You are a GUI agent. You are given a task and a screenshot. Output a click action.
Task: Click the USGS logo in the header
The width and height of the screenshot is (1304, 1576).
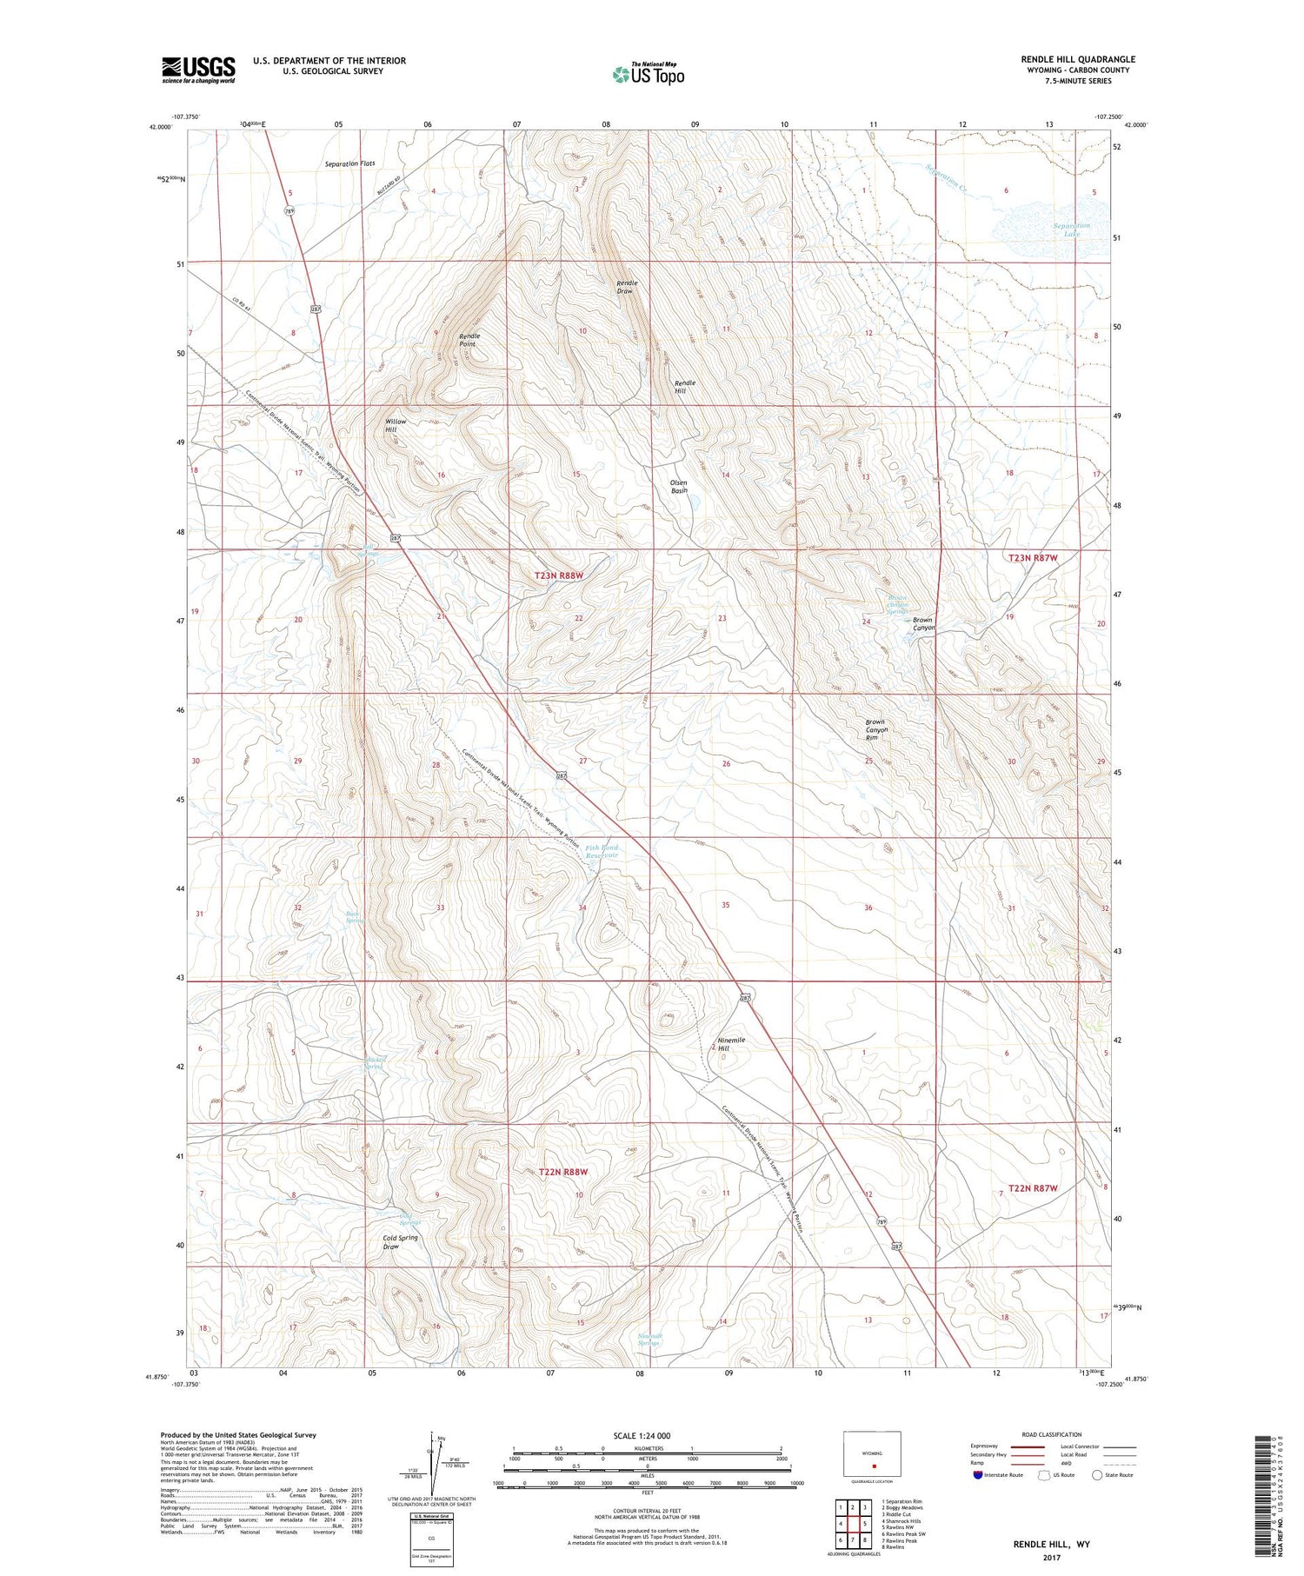pyautogui.click(x=198, y=70)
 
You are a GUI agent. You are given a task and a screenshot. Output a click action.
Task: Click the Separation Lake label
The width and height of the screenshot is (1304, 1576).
pyautogui.click(x=1071, y=229)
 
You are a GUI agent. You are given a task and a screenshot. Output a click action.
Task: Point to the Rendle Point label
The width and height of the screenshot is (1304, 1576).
pyautogui.click(x=469, y=340)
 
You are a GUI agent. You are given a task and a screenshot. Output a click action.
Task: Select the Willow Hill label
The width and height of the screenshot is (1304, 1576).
pyautogui.click(x=396, y=425)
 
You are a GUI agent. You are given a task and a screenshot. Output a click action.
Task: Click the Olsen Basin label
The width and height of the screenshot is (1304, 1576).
pyautogui.click(x=679, y=487)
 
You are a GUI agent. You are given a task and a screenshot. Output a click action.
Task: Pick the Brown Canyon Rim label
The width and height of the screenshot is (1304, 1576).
pyautogui.click(x=875, y=729)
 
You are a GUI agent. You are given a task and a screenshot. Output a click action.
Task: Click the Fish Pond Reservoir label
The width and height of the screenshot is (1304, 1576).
pyautogui.click(x=602, y=851)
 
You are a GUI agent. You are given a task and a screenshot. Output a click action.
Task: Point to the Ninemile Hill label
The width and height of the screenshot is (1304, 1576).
pyautogui.click(x=730, y=1044)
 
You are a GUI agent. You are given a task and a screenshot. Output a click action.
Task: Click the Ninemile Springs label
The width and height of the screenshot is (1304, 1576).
pyautogui.click(x=649, y=1339)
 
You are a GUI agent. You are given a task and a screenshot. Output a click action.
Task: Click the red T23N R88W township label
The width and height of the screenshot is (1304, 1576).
pyautogui.click(x=558, y=575)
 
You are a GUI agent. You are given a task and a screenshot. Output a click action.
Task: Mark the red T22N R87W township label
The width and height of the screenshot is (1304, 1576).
pyautogui.click(x=1033, y=1187)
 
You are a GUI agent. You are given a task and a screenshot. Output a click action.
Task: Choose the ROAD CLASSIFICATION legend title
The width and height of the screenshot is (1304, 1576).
pyautogui.click(x=1052, y=1434)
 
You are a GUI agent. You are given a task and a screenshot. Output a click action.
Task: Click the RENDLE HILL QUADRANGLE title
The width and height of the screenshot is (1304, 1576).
pyautogui.click(x=1078, y=59)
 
